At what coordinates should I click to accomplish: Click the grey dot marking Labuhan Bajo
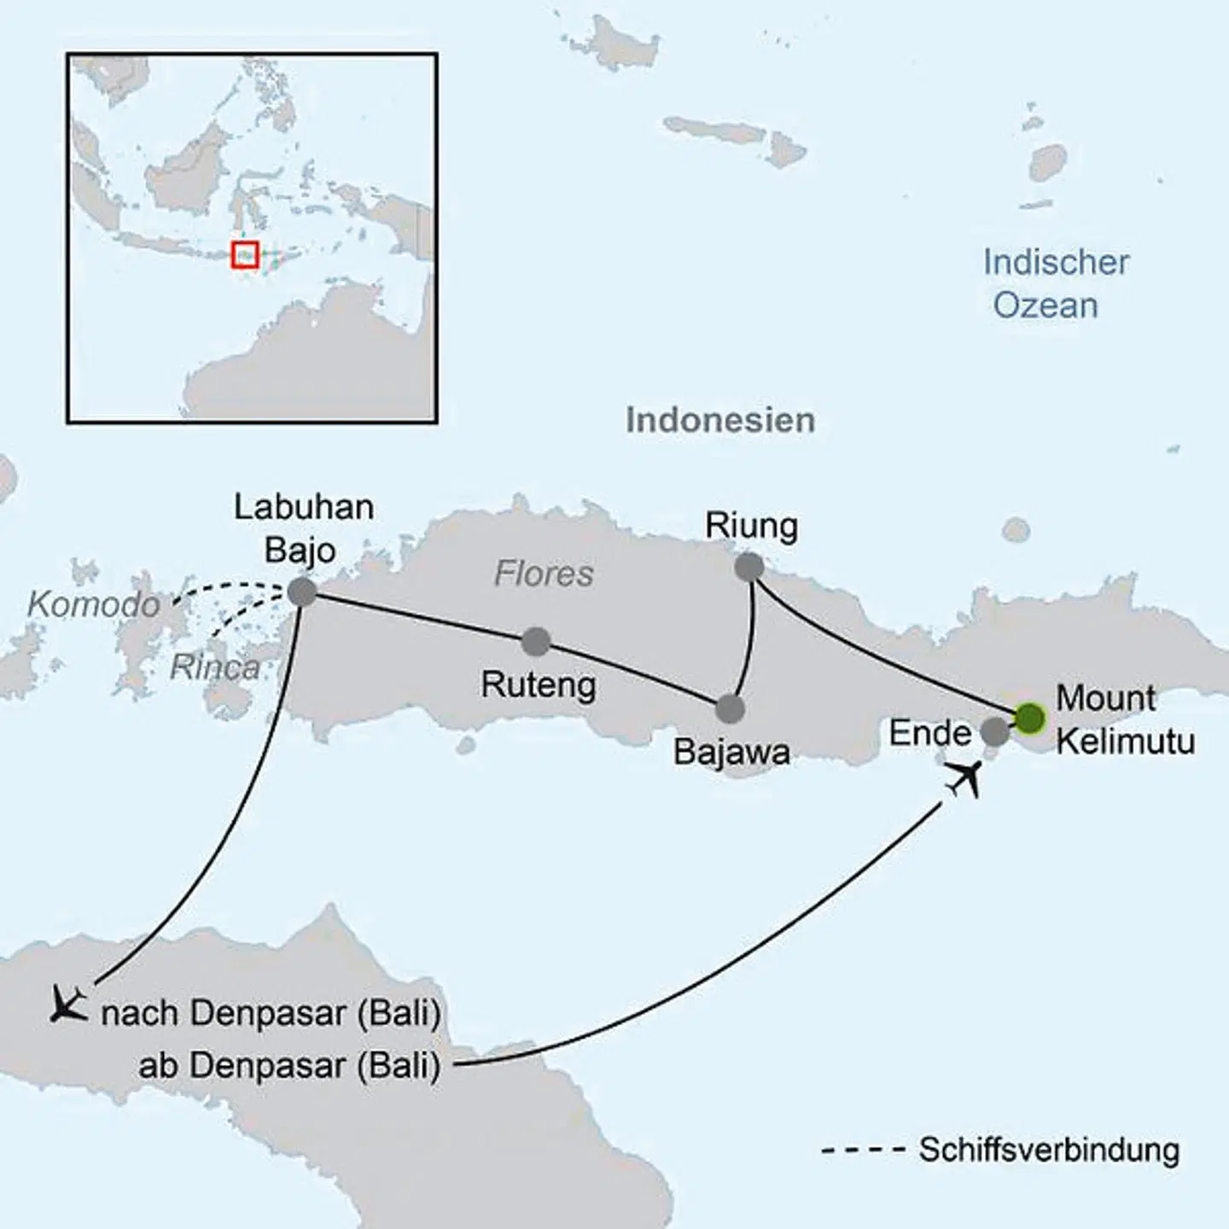[x=302, y=591]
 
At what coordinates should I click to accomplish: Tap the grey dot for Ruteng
[x=536, y=642]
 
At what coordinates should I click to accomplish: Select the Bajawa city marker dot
[x=730, y=708]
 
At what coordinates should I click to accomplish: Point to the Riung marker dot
[x=748, y=567]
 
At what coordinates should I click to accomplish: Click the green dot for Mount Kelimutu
[x=1029, y=719]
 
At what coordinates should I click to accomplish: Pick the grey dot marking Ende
[x=994, y=731]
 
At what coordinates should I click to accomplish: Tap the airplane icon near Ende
[x=964, y=778]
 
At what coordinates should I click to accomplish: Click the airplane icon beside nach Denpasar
[x=68, y=1004]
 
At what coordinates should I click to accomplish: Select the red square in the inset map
[x=245, y=254]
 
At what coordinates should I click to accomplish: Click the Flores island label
[x=544, y=574]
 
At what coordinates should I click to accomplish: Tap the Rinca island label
[x=215, y=667]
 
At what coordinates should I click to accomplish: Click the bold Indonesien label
[x=720, y=420]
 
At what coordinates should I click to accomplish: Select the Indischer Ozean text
[x=1055, y=283]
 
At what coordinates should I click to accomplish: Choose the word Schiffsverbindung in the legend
[x=1049, y=1150]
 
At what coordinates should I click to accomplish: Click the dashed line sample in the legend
[x=862, y=1150]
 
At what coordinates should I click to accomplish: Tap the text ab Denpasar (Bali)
[x=289, y=1065]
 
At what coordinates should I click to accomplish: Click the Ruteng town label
[x=539, y=684]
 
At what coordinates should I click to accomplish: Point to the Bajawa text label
[x=731, y=752]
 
